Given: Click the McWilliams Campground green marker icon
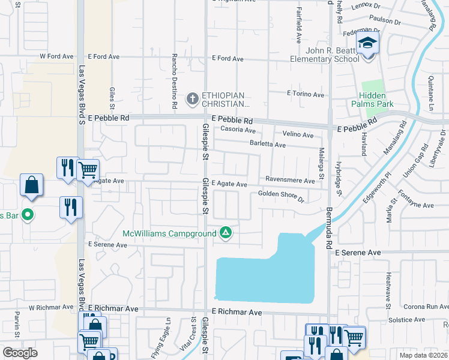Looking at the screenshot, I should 226,232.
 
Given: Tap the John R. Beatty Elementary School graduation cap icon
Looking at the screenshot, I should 366,44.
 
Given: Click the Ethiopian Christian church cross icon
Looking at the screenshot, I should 193,98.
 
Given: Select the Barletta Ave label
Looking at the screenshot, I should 268,145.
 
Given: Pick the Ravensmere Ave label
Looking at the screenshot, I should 291,181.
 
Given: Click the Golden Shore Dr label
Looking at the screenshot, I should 281,194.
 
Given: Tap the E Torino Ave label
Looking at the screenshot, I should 306,94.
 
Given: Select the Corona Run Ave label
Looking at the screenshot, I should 427,307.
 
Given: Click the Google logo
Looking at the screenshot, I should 20,352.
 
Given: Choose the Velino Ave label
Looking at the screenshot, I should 299,135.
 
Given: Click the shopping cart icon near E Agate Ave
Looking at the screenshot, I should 88,170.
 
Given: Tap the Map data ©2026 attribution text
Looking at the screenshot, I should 423,355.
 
